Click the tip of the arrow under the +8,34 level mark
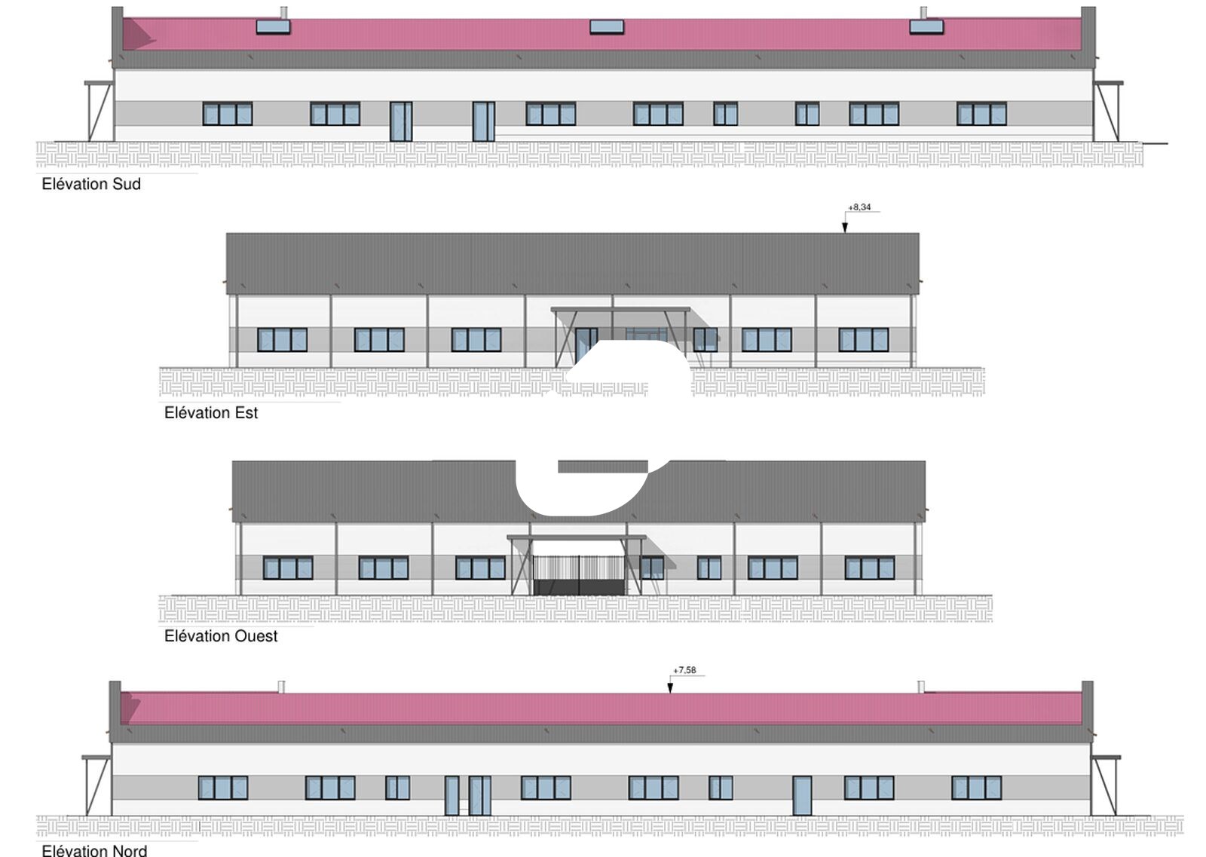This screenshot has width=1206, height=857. click(x=845, y=233)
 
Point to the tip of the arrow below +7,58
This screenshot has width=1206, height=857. click(x=670, y=693)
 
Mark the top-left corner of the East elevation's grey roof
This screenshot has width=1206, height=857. click(x=226, y=234)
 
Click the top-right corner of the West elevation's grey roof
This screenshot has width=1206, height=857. click(x=926, y=461)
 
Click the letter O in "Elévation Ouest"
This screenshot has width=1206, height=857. click(x=227, y=635)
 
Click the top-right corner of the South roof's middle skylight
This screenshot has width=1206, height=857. click(x=624, y=20)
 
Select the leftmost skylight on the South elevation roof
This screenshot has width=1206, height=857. click(x=273, y=26)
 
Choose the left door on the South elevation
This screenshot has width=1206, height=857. click(x=401, y=121)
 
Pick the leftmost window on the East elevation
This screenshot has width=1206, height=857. click(x=282, y=340)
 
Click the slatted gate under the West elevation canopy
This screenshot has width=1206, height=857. click(x=580, y=575)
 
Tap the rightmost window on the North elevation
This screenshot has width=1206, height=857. click(x=977, y=788)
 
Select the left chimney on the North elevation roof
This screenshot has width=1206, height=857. click(x=281, y=687)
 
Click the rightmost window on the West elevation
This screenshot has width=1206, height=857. click(x=870, y=568)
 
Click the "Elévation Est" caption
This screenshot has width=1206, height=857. click(x=211, y=413)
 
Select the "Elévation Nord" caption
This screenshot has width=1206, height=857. click(x=94, y=850)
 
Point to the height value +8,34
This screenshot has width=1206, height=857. click(x=859, y=207)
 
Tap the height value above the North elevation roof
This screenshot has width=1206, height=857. click(x=685, y=670)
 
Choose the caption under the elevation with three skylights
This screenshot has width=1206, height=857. click(x=91, y=184)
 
